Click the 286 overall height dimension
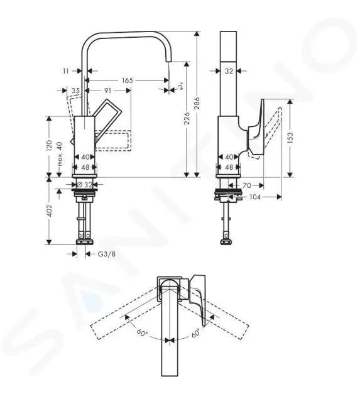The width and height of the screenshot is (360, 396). (x=197, y=103)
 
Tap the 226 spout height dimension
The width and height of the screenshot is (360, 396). (x=187, y=118)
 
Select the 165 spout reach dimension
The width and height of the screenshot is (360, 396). (x=128, y=80)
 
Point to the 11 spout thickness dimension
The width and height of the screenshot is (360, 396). (x=66, y=71)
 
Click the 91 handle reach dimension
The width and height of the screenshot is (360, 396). (x=108, y=90)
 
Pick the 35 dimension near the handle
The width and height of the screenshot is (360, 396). (x=75, y=91)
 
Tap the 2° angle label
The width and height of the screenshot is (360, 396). (x=181, y=86)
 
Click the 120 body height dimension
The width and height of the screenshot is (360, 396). (x=50, y=145)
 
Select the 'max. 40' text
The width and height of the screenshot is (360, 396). (x=59, y=154)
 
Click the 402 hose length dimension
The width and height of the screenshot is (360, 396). (x=50, y=211)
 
